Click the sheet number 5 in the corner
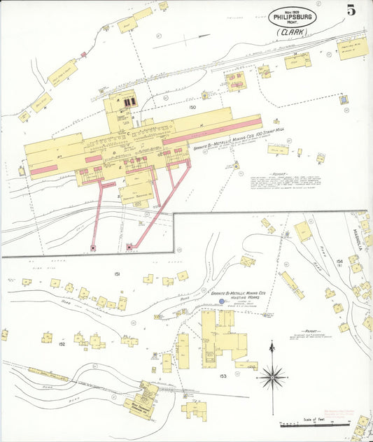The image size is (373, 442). click(349, 10)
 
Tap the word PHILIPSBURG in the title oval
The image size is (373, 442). click(292, 17)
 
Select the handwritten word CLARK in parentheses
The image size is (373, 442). click(292, 32)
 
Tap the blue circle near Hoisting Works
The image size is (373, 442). click(223, 302)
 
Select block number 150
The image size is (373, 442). click(192, 108)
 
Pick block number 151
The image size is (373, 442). click(118, 274)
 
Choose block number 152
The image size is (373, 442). click(62, 344)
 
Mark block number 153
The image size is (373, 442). click(222, 376)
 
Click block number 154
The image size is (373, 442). click(339, 262)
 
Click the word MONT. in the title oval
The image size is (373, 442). click(292, 23)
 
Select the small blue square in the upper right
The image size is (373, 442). click(343, 99)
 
